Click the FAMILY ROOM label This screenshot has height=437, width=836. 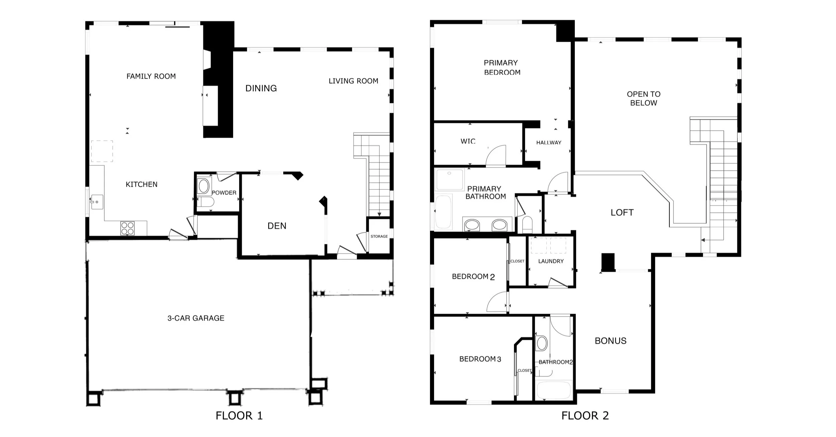(x=151, y=76)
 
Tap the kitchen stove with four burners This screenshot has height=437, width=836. (x=127, y=228)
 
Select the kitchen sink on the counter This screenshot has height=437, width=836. (x=97, y=202)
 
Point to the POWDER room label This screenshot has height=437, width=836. (x=224, y=193)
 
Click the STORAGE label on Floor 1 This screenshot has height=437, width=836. (x=379, y=236)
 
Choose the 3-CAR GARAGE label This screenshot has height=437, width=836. (x=196, y=318)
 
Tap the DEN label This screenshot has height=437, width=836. (x=277, y=226)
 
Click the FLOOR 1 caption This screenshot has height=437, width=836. (x=239, y=416)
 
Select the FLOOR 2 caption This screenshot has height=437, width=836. (x=585, y=416)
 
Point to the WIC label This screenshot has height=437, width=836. (x=468, y=141)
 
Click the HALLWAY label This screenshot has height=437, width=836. (x=549, y=143)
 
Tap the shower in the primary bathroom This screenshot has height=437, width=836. (x=449, y=180)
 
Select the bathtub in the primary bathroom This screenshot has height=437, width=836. (x=443, y=212)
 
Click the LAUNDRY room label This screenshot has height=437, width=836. (x=551, y=261)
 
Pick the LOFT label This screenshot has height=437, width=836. (x=622, y=212)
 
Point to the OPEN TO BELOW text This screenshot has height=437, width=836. (x=644, y=99)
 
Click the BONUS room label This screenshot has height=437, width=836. (x=611, y=341)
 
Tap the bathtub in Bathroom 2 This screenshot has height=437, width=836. (x=554, y=390)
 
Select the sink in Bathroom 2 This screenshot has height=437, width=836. (x=542, y=343)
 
